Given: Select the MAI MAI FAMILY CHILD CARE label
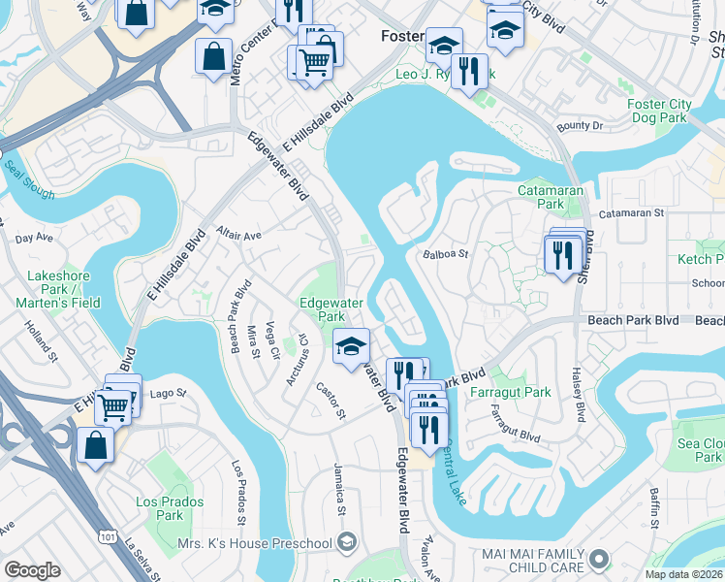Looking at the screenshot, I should tap(534, 559).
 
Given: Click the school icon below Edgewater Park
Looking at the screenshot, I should tap(351, 345).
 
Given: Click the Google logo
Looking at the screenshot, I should tap(32, 570).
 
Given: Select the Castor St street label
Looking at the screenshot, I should tap(331, 401).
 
